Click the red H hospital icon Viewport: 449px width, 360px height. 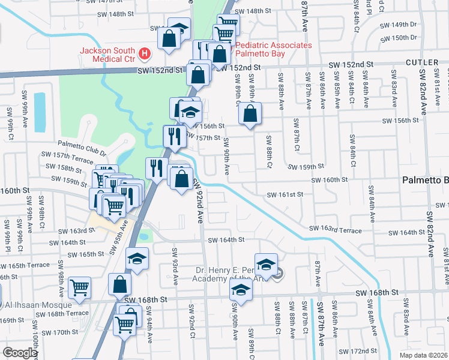pyautogui.click(x=144, y=54)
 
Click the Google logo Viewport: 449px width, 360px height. pyautogui.click(x=20, y=353)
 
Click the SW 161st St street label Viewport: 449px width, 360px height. pyautogui.click(x=287, y=194)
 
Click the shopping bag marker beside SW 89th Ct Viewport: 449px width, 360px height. pyautogui.click(x=250, y=113)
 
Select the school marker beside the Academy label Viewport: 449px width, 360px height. pyautogui.click(x=266, y=264)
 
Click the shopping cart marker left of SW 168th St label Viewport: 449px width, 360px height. pyautogui.click(x=79, y=287)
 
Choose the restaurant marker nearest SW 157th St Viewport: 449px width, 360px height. pyautogui.click(x=175, y=136)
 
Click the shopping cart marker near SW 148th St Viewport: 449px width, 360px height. pyautogui.click(x=228, y=25)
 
